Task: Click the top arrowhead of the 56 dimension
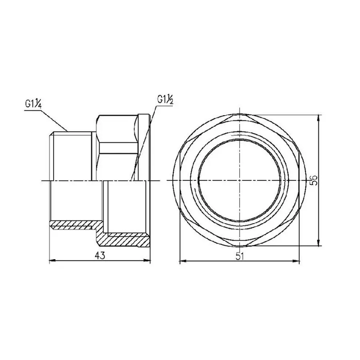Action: point(318,117)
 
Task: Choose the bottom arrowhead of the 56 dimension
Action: point(318,244)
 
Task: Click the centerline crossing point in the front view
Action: point(239,181)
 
